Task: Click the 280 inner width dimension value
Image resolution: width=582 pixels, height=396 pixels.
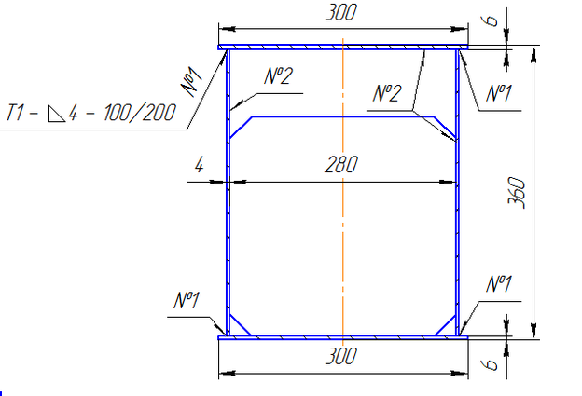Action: (341, 165)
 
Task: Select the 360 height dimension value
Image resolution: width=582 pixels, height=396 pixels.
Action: (517, 193)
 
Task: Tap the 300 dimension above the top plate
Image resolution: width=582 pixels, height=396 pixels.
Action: (341, 12)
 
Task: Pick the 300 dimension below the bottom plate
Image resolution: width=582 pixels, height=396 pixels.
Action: (341, 356)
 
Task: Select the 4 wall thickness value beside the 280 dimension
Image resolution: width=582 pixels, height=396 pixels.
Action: (200, 164)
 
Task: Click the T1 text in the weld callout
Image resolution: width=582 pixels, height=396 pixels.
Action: (16, 113)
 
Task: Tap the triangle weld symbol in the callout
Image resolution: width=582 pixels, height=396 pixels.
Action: (57, 114)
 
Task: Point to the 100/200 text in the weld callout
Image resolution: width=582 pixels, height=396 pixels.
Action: (140, 113)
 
